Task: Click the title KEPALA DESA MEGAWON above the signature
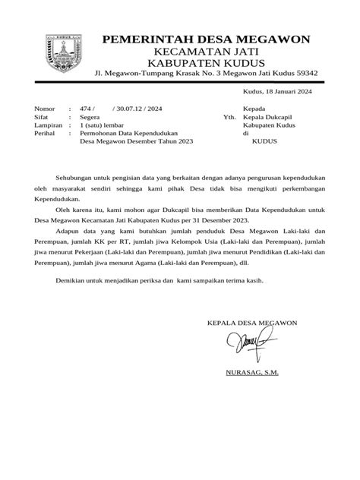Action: (252, 324)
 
